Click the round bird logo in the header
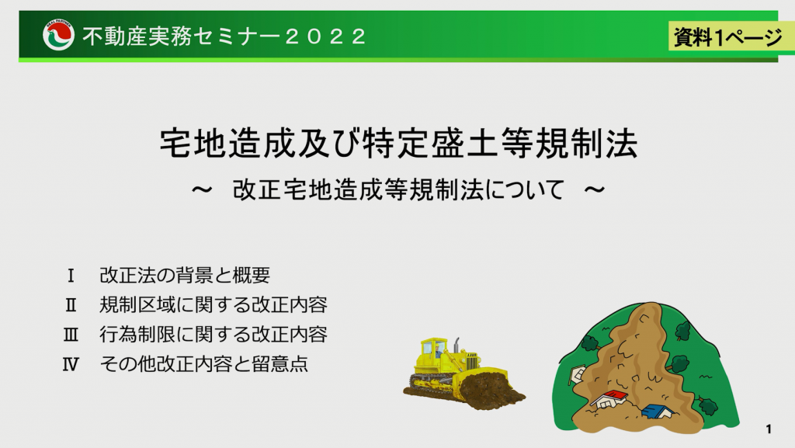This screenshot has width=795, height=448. [x=58, y=36]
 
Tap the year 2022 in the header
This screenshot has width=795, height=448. [x=325, y=36]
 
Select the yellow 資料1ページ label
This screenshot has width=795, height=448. [x=727, y=36]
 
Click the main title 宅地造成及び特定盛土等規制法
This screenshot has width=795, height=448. [x=398, y=144]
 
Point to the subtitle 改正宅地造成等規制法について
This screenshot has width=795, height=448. [x=398, y=190]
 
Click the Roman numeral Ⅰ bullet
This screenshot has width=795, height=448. [x=71, y=276]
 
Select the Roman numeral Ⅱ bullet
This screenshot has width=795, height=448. [x=71, y=305]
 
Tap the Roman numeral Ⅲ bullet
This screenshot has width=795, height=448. [x=71, y=335]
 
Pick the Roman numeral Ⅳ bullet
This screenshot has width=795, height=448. [x=71, y=364]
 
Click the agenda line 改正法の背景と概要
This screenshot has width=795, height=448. [x=185, y=275]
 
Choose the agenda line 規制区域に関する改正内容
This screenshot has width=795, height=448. [x=214, y=305]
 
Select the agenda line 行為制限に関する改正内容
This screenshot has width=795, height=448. [x=214, y=335]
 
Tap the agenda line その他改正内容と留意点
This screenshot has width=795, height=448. [x=204, y=364]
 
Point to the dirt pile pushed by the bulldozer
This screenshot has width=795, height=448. [x=491, y=391]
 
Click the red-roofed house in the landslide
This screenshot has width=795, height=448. [x=609, y=399]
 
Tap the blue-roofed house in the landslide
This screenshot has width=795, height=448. [x=658, y=412]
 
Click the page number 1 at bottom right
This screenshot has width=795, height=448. [x=769, y=429]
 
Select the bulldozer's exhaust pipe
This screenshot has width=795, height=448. [x=457, y=346]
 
